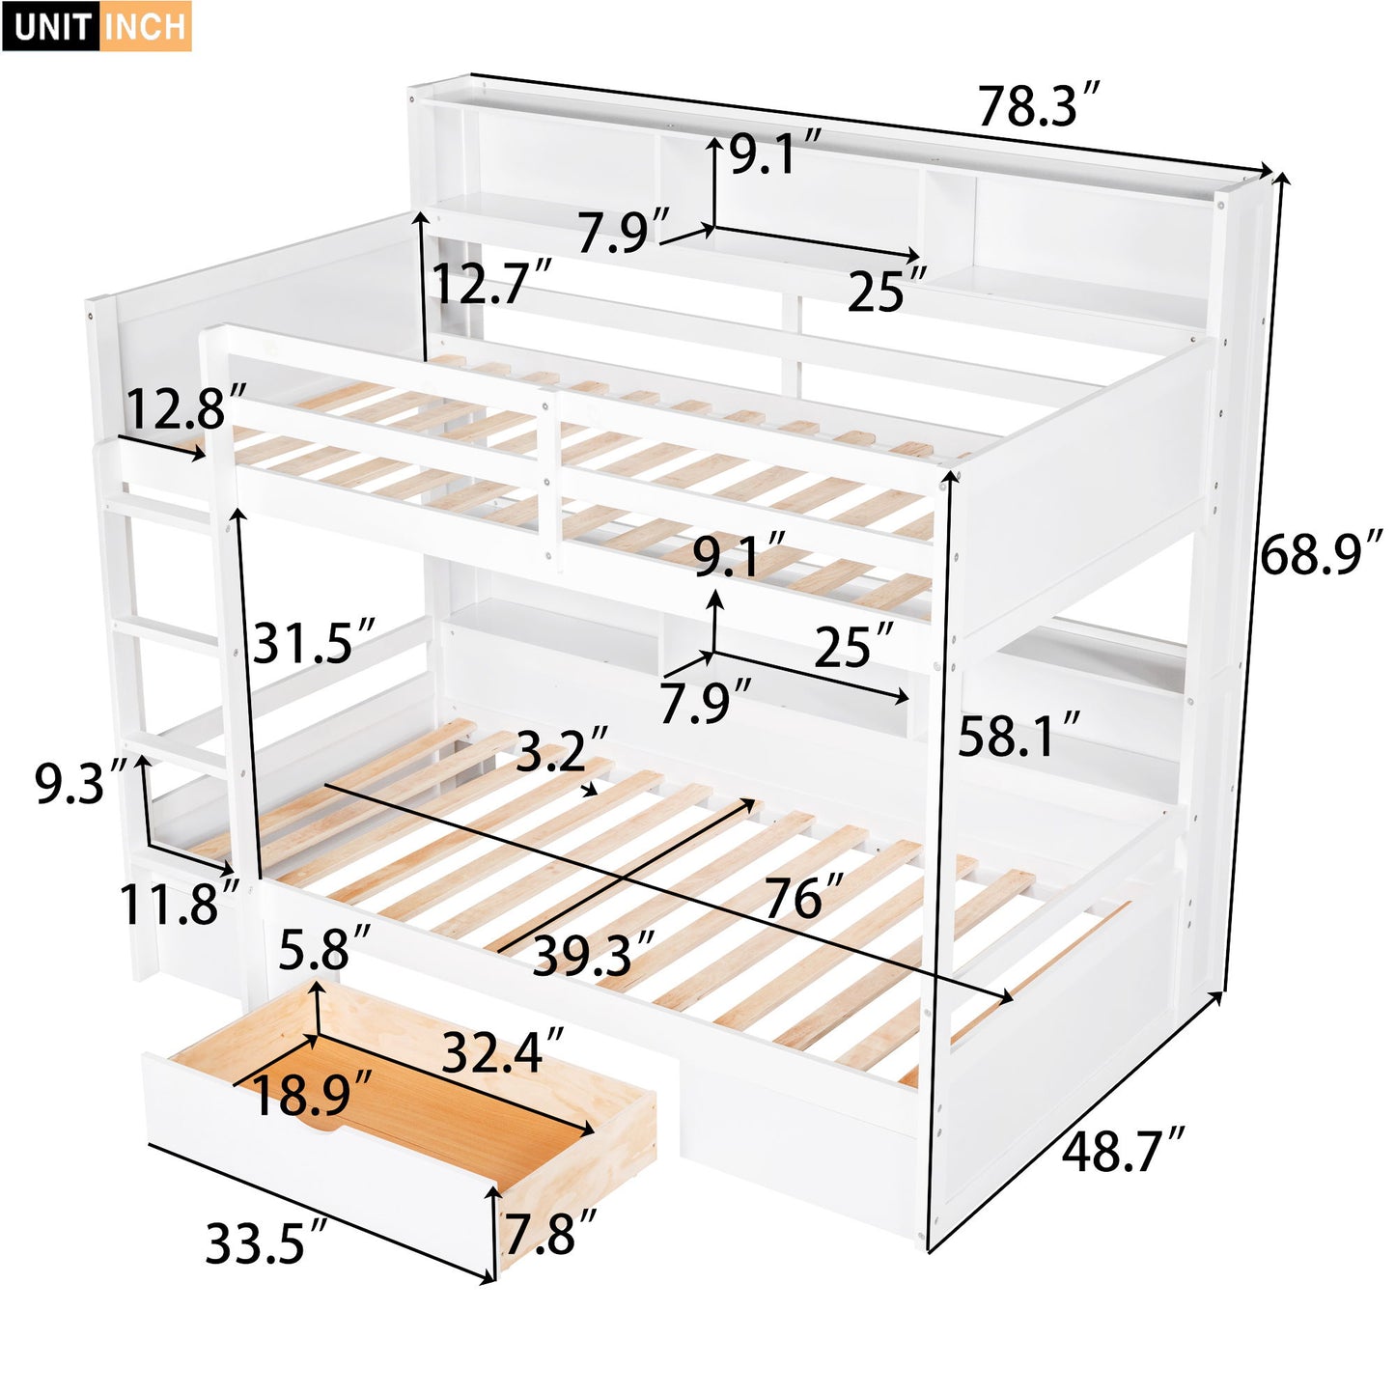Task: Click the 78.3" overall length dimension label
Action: click(x=1039, y=105)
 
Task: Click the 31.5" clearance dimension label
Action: click(x=314, y=642)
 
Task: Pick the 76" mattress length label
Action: click(x=804, y=897)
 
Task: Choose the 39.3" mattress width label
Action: click(x=594, y=955)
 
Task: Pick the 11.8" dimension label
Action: click(x=179, y=904)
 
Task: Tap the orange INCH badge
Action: click(x=145, y=26)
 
